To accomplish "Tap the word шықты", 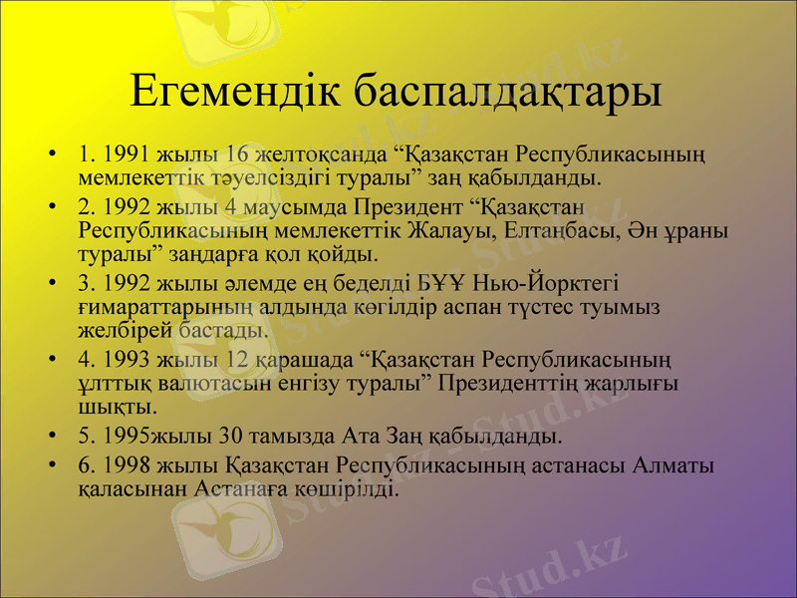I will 117,408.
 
